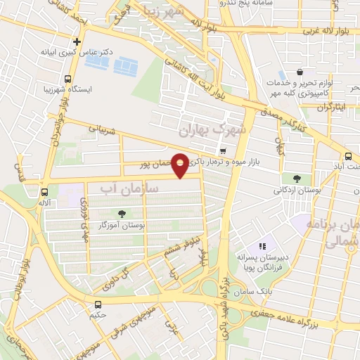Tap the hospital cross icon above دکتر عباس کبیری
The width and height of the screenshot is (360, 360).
(x=77, y=41)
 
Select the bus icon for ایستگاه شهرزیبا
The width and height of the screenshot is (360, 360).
(x=67, y=79)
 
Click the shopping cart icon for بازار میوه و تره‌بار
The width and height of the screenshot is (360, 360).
(x=222, y=151)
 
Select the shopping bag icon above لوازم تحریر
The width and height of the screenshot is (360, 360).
(x=300, y=71)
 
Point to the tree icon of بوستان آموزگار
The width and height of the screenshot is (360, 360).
(x=123, y=213)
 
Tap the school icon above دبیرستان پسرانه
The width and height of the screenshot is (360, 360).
(x=262, y=246)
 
